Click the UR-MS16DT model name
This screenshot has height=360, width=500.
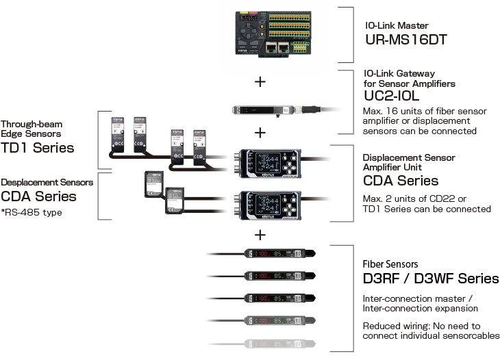click(405, 39)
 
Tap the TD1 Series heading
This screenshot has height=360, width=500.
click(37, 147)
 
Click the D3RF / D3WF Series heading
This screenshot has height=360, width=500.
click(430, 279)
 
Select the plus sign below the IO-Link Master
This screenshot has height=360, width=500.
click(260, 81)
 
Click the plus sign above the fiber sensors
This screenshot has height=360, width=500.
click(260, 235)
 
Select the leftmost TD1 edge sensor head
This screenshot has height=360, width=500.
click(118, 134)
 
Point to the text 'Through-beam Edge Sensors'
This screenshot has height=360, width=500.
click(32, 129)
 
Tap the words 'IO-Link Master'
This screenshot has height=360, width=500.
click(396, 25)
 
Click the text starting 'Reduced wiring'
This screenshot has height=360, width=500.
click(431, 331)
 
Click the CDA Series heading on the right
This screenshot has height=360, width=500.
click(400, 181)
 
